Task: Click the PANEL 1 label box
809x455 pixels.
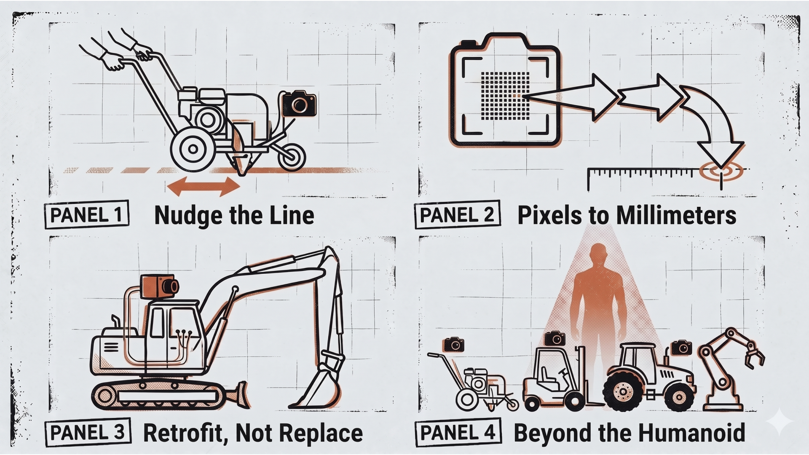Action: click(86, 214)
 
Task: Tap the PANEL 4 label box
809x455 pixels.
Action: click(458, 432)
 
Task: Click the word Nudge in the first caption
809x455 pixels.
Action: click(188, 215)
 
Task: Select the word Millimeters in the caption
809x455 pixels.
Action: click(676, 215)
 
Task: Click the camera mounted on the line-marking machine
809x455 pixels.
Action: click(299, 104)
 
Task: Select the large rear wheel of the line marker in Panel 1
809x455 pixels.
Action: click(193, 149)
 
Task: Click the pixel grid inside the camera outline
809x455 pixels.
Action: click(505, 96)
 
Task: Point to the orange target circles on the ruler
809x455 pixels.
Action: click(721, 171)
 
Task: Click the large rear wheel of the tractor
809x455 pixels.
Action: click(623, 390)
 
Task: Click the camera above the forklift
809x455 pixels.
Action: click(555, 339)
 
